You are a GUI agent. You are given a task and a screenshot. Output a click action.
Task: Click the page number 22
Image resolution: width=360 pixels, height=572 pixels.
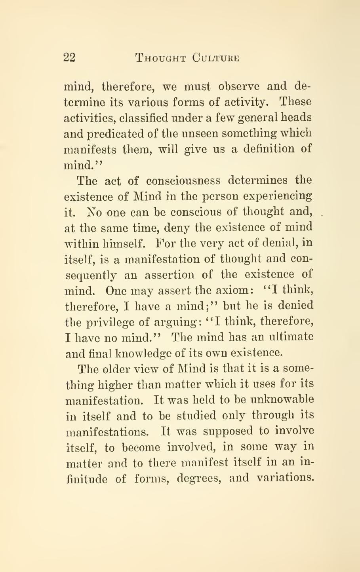point(69,58)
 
